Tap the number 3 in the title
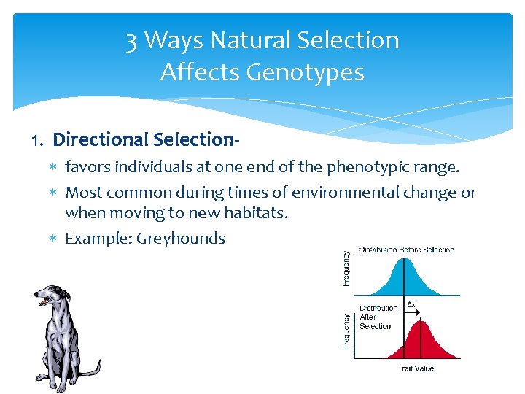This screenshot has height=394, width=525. [x=131, y=40]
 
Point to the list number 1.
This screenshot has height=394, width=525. [x=38, y=140]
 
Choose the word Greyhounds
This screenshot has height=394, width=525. [x=182, y=238]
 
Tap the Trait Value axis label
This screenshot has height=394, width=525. [x=415, y=368]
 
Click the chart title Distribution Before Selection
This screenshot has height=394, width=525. [x=406, y=250]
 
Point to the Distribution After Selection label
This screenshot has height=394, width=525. [x=377, y=317]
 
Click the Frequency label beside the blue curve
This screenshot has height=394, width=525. [x=346, y=269]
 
